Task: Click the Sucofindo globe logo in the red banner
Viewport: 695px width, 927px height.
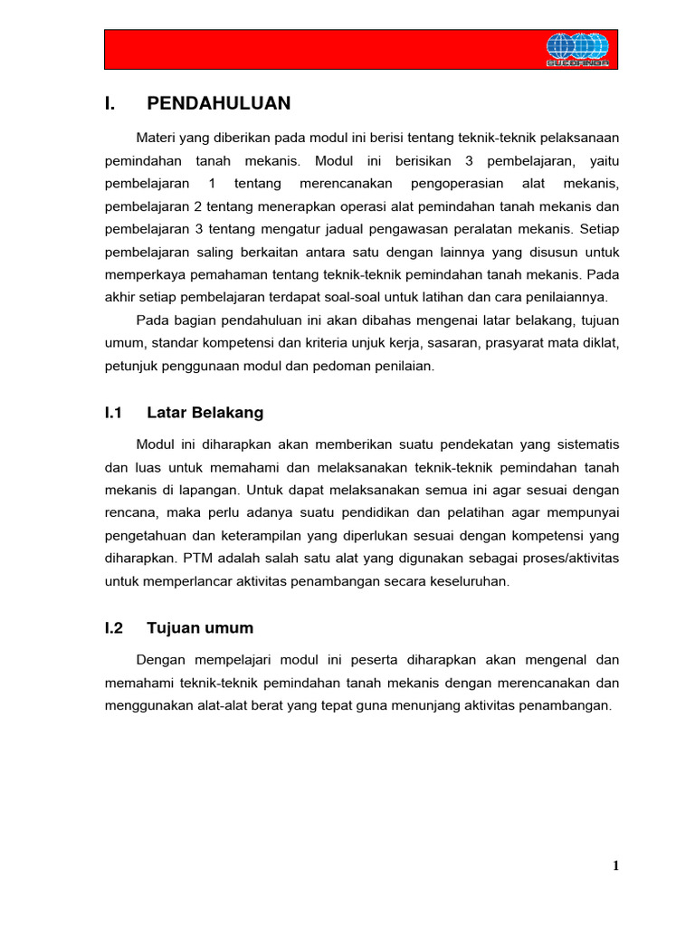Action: (x=577, y=50)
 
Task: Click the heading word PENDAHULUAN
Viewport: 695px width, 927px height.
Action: (x=218, y=103)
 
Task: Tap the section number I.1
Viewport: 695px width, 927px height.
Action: (x=113, y=413)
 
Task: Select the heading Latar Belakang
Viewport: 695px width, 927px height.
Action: (x=205, y=413)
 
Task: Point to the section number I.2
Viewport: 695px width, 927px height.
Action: (x=113, y=627)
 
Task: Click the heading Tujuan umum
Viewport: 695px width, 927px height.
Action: (x=199, y=627)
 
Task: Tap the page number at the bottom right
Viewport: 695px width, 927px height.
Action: (x=615, y=866)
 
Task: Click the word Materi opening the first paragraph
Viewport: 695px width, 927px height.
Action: (x=156, y=138)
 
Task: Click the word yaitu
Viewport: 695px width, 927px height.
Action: (x=599, y=161)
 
